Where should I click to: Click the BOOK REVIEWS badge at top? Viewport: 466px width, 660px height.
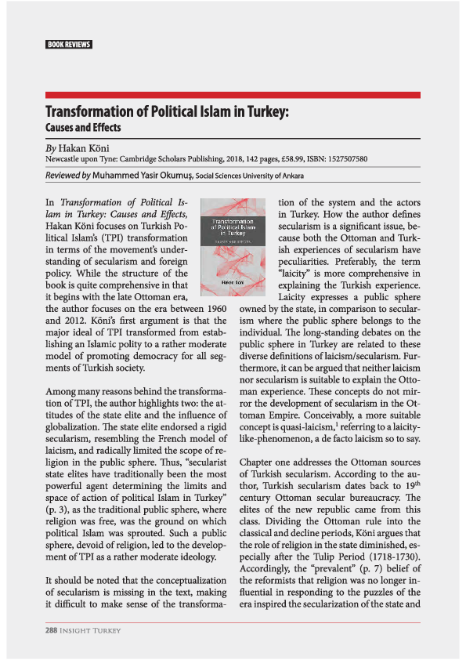point(69,44)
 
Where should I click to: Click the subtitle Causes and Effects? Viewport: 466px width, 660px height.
point(83,127)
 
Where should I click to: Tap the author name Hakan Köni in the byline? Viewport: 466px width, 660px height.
point(86,147)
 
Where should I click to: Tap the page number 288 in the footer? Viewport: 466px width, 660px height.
point(54,629)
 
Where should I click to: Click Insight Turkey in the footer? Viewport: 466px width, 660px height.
point(94,629)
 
